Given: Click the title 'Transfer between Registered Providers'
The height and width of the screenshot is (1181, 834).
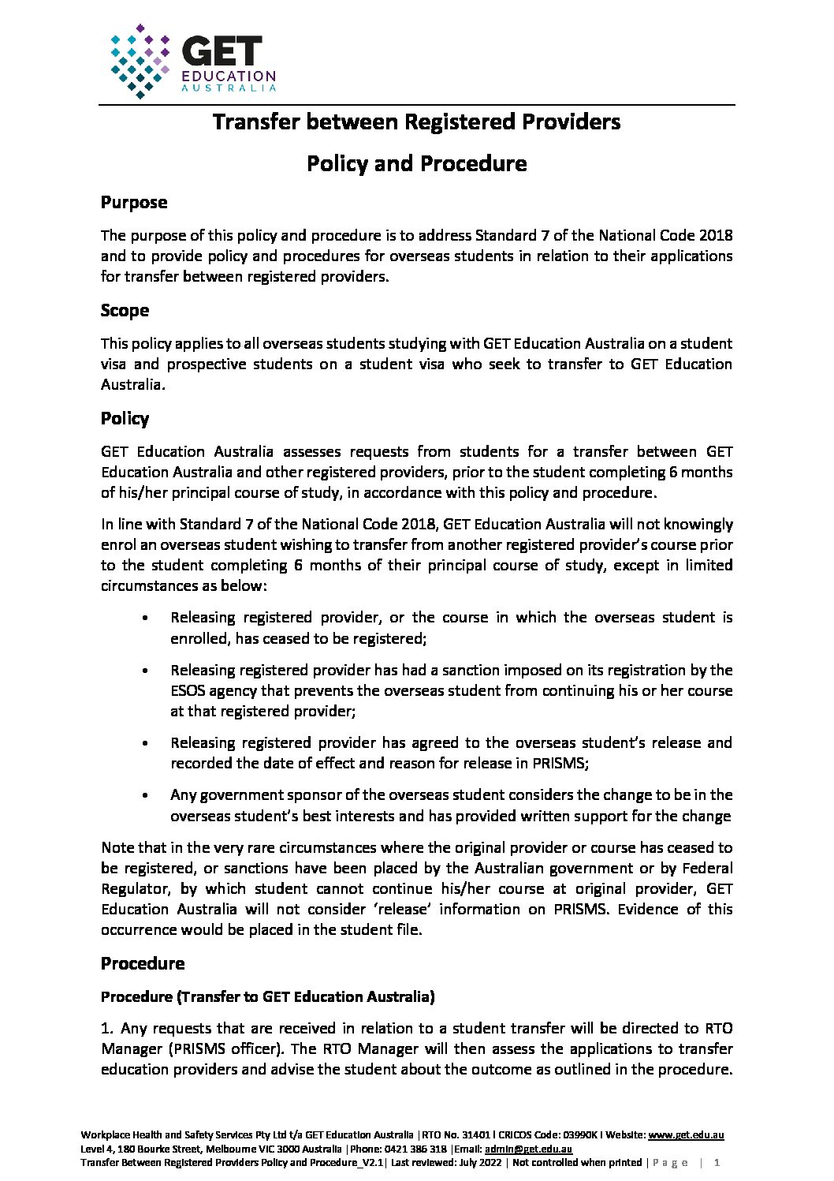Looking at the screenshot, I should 416,122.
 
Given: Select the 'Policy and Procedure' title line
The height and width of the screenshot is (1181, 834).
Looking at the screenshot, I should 416,163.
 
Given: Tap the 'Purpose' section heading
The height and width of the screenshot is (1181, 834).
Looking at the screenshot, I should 134,203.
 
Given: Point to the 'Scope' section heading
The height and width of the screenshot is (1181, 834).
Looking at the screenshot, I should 125,311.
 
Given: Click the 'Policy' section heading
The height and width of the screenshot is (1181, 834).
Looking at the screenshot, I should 125,419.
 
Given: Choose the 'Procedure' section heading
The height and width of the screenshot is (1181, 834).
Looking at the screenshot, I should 143,964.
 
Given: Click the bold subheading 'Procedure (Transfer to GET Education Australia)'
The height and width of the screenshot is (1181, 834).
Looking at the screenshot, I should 268,997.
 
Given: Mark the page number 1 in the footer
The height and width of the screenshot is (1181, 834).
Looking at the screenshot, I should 717,1163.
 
